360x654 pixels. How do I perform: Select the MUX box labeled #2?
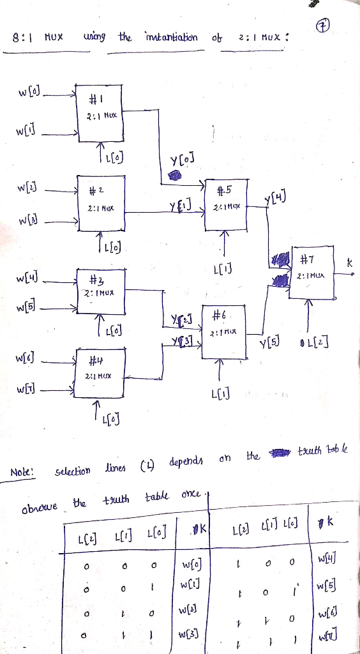click(x=100, y=199)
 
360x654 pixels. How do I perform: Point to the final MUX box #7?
click(x=312, y=270)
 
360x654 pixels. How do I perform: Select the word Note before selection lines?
click(x=23, y=473)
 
